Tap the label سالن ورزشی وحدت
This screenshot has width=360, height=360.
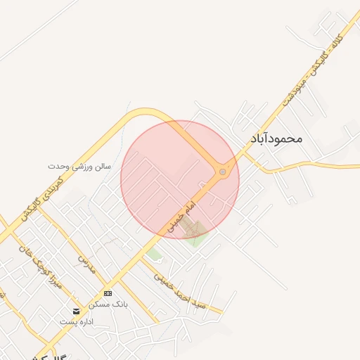coord(79,167)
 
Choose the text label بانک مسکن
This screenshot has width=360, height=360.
coord(107,305)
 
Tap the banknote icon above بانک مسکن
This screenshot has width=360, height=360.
coord(107,293)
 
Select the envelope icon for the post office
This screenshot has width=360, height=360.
coord(76,311)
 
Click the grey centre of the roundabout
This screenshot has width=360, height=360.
coord(223,171)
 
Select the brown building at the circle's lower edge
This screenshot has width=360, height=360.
coord(194,229)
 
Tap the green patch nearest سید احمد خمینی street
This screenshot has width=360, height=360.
coord(155,253)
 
